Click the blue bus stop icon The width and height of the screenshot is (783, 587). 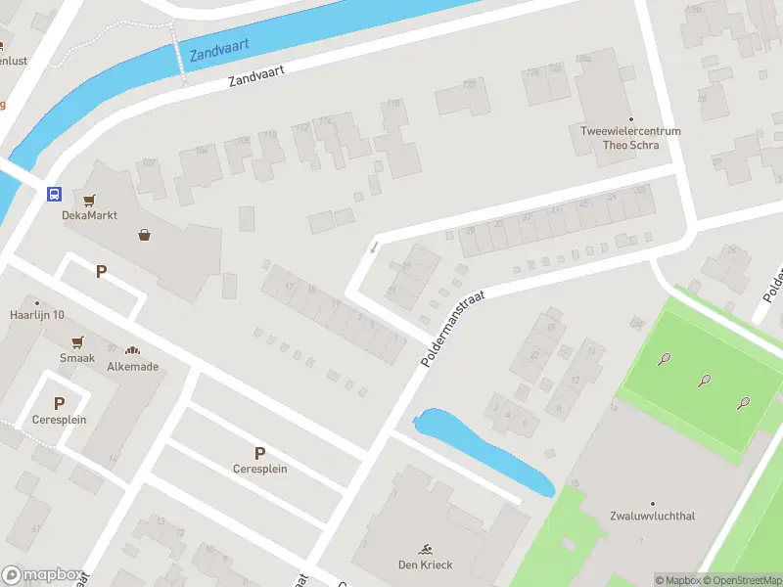(x=54, y=194)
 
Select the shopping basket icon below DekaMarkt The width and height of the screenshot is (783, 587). (x=145, y=235)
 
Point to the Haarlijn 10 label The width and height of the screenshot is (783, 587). (x=37, y=314)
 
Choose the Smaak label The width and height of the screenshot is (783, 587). (x=77, y=358)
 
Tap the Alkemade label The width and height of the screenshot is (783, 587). (x=133, y=367)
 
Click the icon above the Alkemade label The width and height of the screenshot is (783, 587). (x=133, y=350)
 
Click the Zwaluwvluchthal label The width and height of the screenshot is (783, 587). (x=652, y=516)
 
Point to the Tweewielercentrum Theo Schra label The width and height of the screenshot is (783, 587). (x=630, y=138)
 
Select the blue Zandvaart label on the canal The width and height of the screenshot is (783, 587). (x=220, y=46)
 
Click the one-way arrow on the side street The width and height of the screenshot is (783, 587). (x=374, y=248)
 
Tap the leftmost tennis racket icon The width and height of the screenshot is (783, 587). (x=665, y=360)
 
